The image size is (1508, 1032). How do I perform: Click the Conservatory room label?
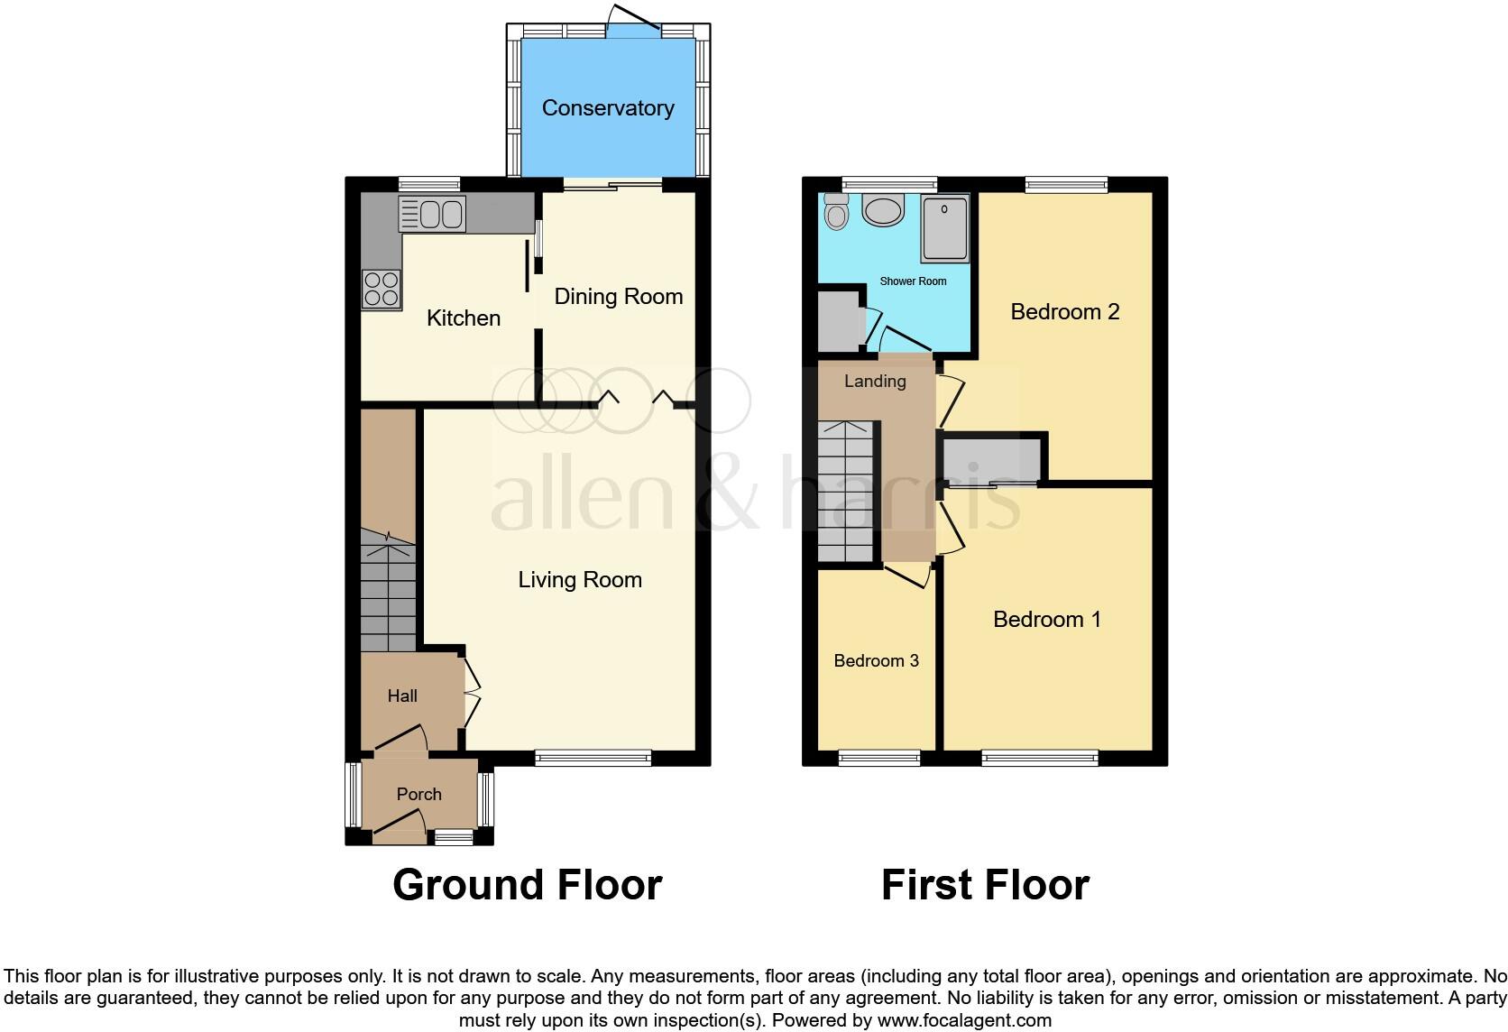(x=608, y=108)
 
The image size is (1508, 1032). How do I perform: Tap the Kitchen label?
(x=464, y=318)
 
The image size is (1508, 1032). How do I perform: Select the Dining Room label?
(x=618, y=297)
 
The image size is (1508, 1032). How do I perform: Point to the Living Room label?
(x=580, y=579)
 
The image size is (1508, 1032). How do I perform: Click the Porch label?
(x=419, y=794)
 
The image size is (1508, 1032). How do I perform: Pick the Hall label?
(x=402, y=696)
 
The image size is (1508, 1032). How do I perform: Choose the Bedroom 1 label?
(x=1046, y=619)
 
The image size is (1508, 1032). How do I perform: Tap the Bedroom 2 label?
(x=1065, y=312)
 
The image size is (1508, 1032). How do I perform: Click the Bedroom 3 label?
(x=876, y=660)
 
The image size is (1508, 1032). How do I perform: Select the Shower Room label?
(x=913, y=281)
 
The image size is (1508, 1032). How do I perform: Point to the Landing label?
(x=875, y=381)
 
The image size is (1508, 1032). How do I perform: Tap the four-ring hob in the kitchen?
(x=381, y=290)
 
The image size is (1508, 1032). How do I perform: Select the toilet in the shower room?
(x=837, y=213)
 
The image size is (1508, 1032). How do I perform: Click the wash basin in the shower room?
(x=882, y=210)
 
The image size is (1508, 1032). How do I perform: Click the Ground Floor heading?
(x=528, y=885)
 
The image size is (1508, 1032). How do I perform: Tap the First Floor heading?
(x=985, y=885)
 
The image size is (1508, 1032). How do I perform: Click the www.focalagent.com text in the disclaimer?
(x=964, y=1020)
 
